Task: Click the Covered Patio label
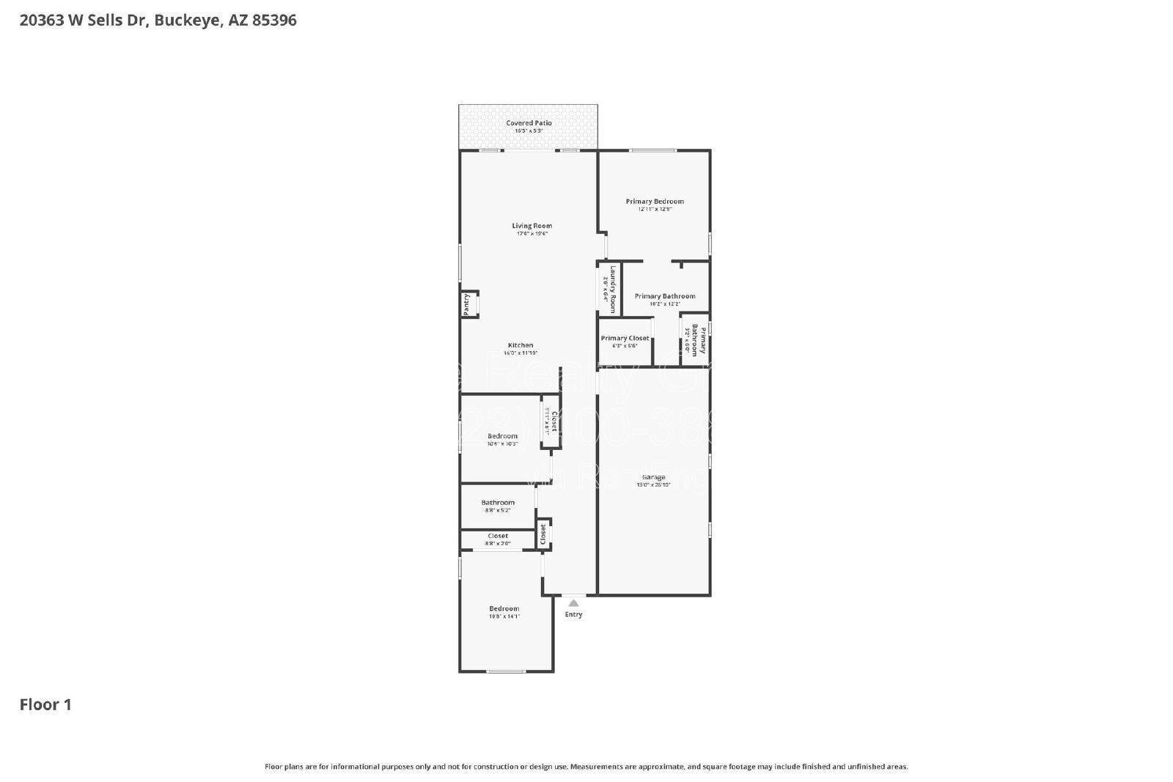[x=529, y=123]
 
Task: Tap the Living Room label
[x=532, y=226]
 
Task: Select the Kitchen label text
[x=521, y=345]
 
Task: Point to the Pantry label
[x=466, y=304]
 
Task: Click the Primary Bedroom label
[x=654, y=202]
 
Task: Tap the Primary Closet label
[x=625, y=339]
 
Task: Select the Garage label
[x=653, y=477]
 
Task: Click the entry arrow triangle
[x=573, y=603]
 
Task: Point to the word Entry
[x=573, y=615]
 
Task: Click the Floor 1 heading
[x=45, y=705]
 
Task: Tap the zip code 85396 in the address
[x=274, y=21]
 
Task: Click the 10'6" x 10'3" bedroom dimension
[x=502, y=444]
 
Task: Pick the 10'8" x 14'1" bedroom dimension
[x=504, y=616]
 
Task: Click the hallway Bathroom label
[x=498, y=503]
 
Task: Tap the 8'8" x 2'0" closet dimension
[x=498, y=544]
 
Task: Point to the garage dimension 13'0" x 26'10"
[x=653, y=484]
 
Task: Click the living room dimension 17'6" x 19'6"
[x=532, y=234]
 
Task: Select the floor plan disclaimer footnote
[x=586, y=767]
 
